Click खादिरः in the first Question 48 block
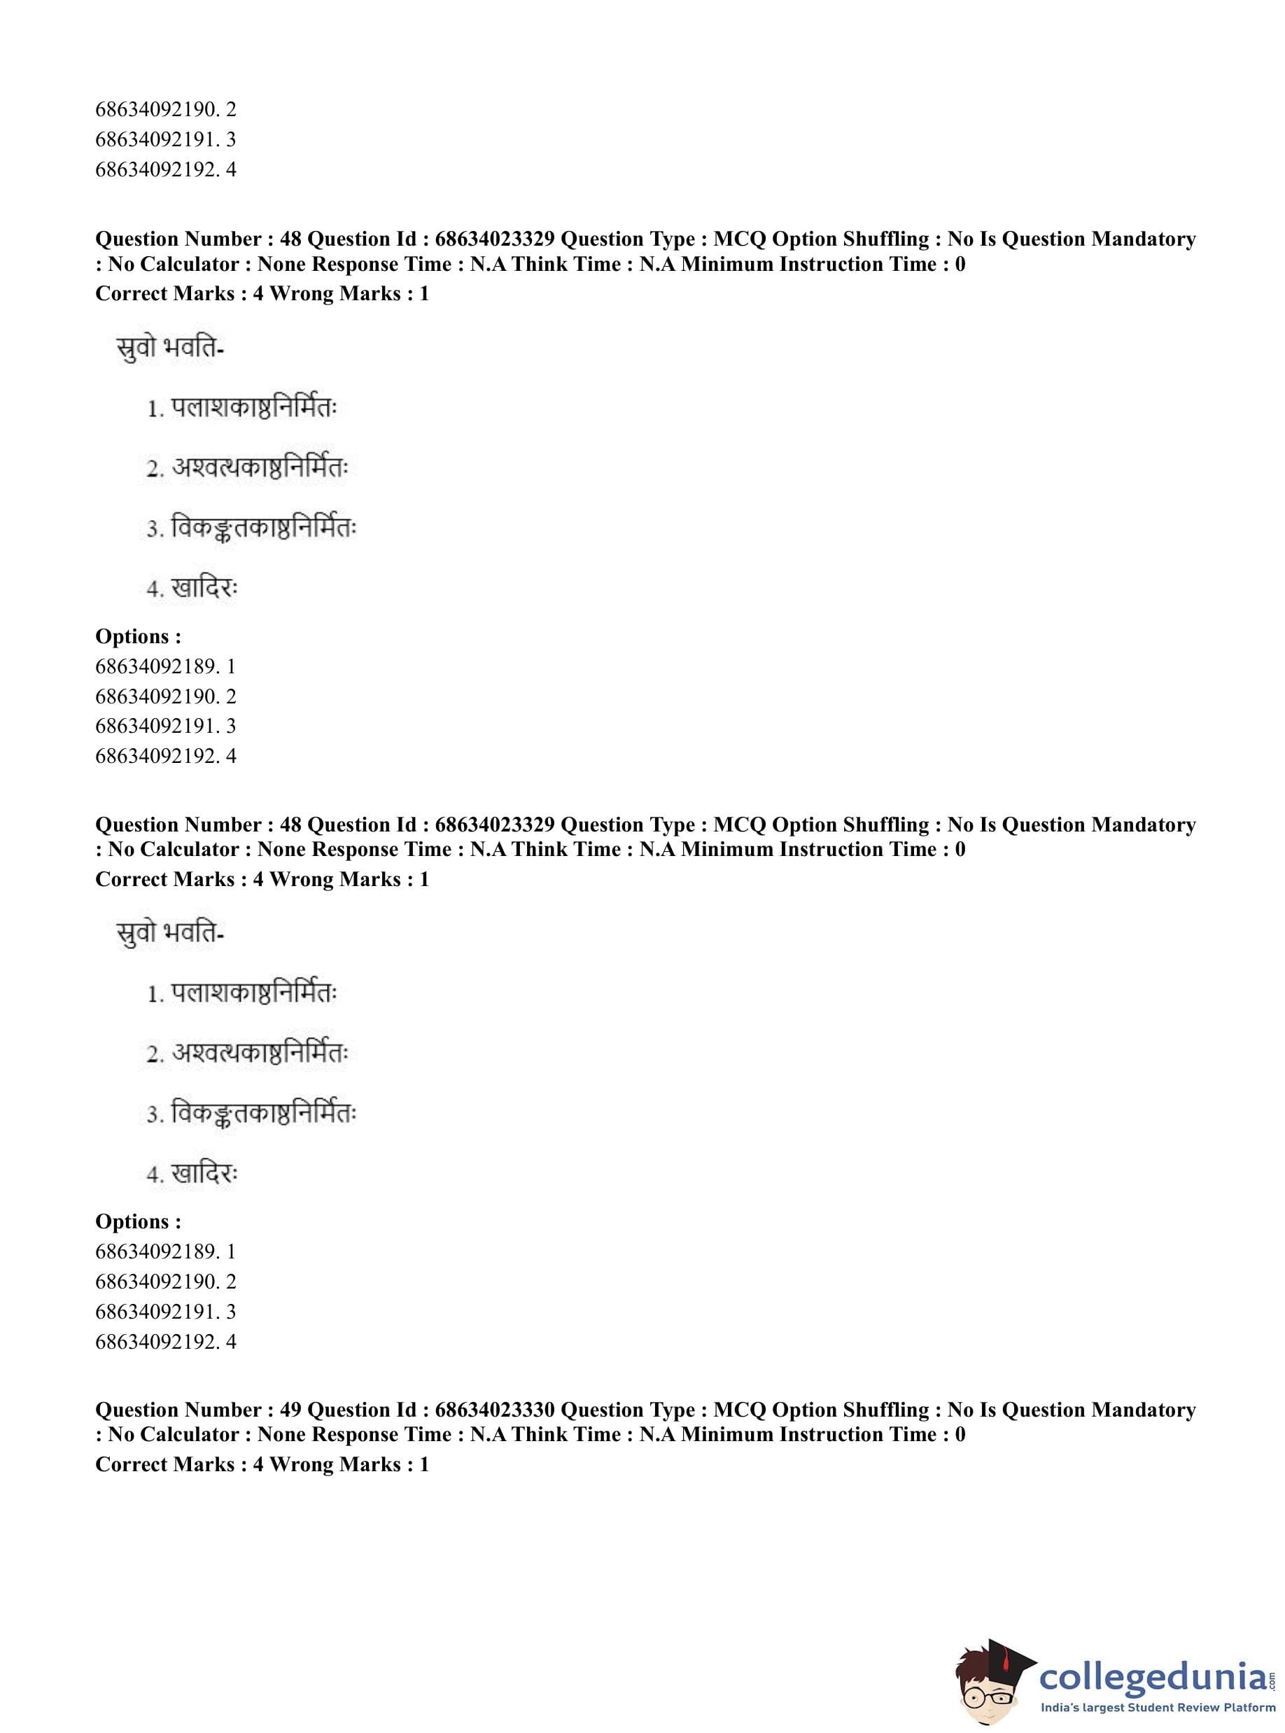click(204, 588)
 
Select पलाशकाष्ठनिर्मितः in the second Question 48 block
click(253, 993)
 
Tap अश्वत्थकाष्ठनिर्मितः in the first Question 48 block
click(259, 468)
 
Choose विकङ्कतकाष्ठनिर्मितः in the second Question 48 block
click(263, 1114)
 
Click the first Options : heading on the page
click(139, 636)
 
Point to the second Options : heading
click(139, 1221)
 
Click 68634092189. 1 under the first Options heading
click(165, 666)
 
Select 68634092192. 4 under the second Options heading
click(165, 1341)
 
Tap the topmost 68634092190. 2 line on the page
click(165, 109)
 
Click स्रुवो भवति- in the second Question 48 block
click(169, 932)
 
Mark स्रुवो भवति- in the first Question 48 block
click(169, 348)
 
